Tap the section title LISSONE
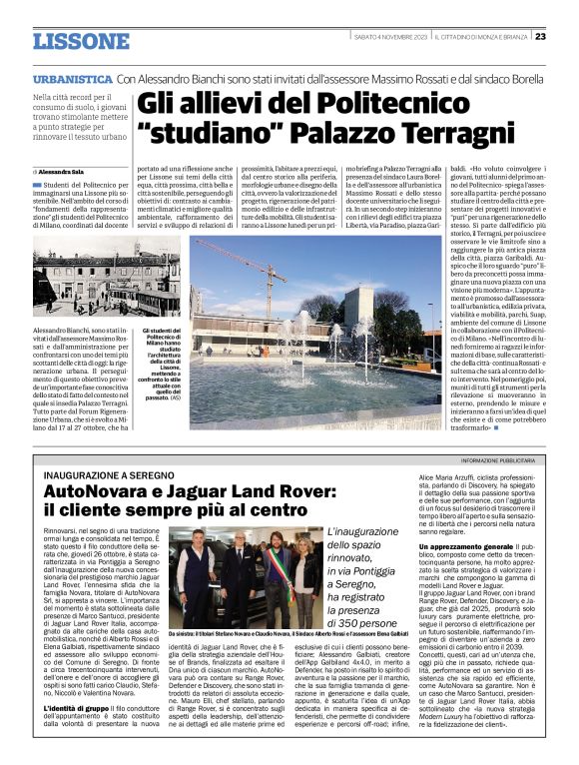click(81, 41)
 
